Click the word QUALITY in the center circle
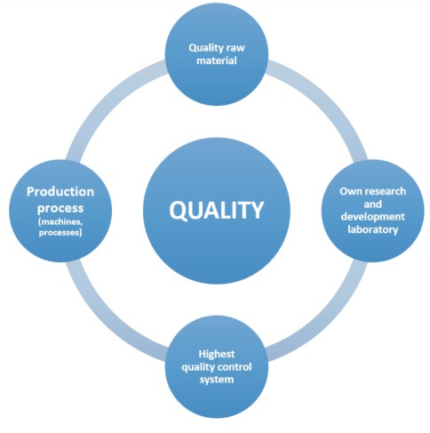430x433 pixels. [217, 210]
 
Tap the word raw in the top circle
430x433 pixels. [235, 48]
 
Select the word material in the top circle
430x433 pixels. [217, 60]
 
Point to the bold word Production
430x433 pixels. [60, 191]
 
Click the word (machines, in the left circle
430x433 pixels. [60, 222]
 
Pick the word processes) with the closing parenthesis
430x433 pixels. [60, 233]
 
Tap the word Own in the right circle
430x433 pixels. [349, 191]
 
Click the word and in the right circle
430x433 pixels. [373, 204]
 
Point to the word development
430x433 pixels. [373, 217]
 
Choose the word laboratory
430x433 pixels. [373, 229]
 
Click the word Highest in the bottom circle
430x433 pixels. [217, 354]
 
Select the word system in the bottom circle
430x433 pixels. [217, 380]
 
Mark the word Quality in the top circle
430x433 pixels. [206, 48]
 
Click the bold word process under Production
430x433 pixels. [60, 208]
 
